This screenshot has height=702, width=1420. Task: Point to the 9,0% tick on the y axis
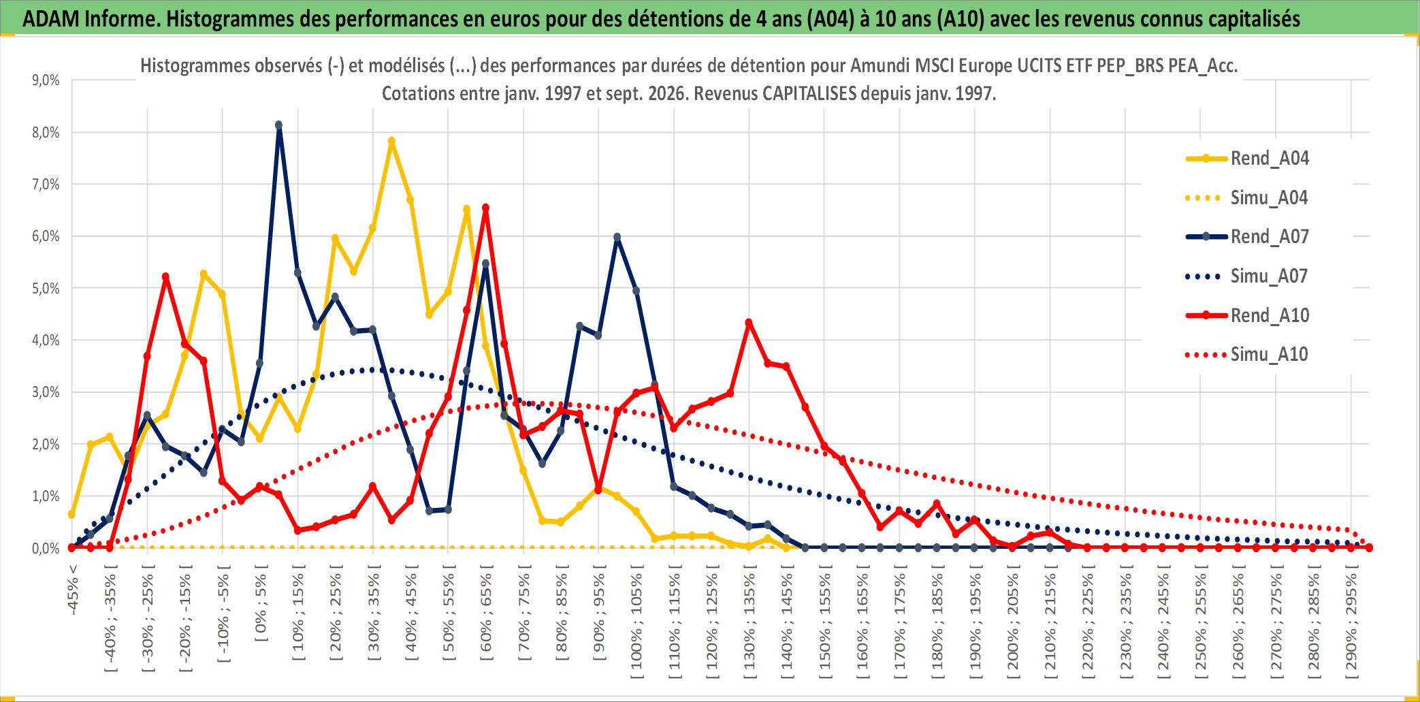pyautogui.click(x=46, y=80)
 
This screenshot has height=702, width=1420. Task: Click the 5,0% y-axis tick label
pyautogui.click(x=46, y=289)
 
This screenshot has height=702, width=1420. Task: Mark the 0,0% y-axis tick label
pyautogui.click(x=46, y=548)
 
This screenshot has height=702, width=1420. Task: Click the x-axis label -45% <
pyautogui.click(x=72, y=590)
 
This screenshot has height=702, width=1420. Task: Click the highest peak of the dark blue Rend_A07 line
pyautogui.click(x=278, y=125)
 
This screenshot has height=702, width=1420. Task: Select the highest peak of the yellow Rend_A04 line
pyautogui.click(x=391, y=142)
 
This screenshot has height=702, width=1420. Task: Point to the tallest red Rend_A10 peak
pyautogui.click(x=485, y=208)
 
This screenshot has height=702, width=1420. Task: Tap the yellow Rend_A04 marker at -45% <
pyautogui.click(x=71, y=514)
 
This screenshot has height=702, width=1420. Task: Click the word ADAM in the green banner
pyautogui.click(x=51, y=18)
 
